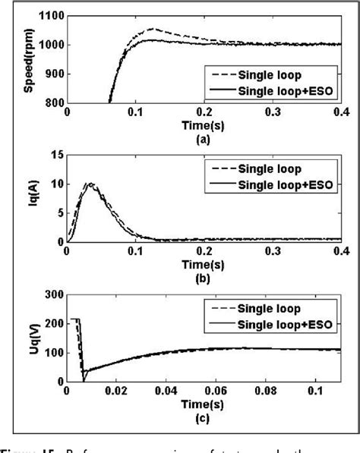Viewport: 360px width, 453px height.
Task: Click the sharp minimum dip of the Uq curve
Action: (83, 380)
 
